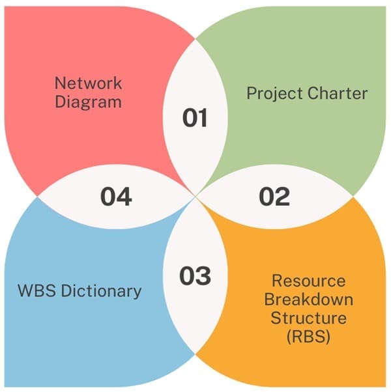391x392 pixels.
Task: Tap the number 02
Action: pos(274,196)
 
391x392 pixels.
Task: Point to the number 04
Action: pos(116,196)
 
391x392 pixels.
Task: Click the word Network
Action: pos(87,83)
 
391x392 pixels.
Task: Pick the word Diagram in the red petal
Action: pos(87,102)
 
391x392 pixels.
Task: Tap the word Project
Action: pos(270,93)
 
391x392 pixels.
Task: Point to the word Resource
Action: pos(308,281)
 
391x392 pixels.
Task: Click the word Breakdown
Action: pos(308,300)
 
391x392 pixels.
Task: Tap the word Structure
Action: pos(308,318)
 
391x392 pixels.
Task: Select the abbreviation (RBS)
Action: pos(308,337)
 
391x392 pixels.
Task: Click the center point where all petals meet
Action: pos(195,195)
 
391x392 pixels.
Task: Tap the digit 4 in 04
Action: pos(124,196)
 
